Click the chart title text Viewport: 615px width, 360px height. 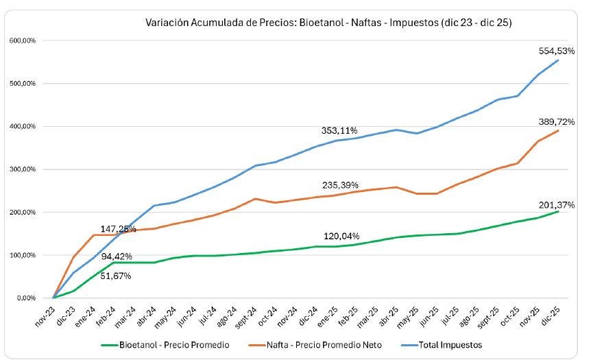pyautogui.click(x=328, y=23)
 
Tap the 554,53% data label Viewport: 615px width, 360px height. pyautogui.click(x=556, y=51)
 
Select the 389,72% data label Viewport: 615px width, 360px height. pyautogui.click(x=556, y=121)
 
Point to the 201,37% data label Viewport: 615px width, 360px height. pyautogui.click(x=556, y=204)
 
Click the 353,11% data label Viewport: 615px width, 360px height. pyautogui.click(x=339, y=130)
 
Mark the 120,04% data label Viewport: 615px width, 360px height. pyautogui.click(x=341, y=236)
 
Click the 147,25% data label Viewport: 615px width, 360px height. pyautogui.click(x=118, y=229)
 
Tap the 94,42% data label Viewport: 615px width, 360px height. pyautogui.click(x=121, y=256)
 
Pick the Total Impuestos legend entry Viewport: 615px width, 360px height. pyautogui.click(x=450, y=345)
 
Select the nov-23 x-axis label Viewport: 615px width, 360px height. pyautogui.click(x=45, y=313)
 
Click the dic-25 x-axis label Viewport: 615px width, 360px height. pyautogui.click(x=550, y=313)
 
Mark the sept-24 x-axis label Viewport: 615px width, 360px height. pyautogui.click(x=247, y=314)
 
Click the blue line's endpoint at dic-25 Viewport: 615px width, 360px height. pyautogui.click(x=557, y=60)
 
